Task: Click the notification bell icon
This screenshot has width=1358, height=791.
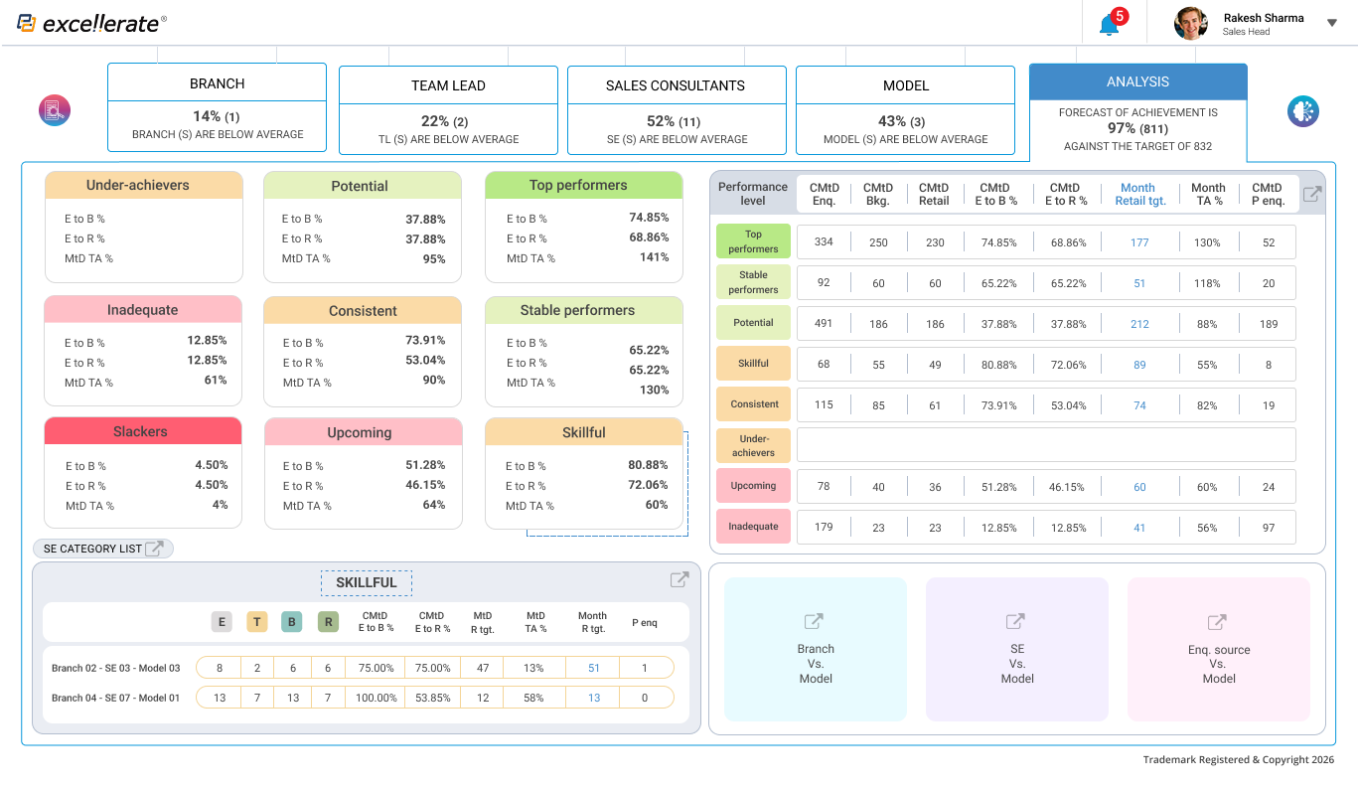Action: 1109,25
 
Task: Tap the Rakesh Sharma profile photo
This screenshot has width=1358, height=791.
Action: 1190,23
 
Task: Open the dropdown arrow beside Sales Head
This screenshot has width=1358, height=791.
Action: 1332,23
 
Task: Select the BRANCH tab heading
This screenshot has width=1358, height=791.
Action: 217,83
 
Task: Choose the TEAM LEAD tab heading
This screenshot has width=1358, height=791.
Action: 448,85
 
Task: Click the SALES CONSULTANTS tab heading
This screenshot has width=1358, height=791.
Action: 676,85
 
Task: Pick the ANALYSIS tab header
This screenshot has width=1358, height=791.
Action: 1137,82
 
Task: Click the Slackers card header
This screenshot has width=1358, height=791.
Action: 142,431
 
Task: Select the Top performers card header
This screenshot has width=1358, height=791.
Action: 583,185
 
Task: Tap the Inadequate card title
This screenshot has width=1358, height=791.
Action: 142,310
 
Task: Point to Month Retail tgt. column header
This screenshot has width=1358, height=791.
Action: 1137,194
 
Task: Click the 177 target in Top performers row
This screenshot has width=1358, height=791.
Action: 1139,242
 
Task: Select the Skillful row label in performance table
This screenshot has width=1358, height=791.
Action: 753,364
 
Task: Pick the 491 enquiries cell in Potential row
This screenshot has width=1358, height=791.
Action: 824,323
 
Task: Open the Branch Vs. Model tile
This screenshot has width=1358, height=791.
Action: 815,649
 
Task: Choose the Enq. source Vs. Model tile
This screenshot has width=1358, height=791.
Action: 1218,649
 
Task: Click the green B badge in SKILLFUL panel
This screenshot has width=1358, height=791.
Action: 292,622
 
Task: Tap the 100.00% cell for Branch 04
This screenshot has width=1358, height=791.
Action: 377,698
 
